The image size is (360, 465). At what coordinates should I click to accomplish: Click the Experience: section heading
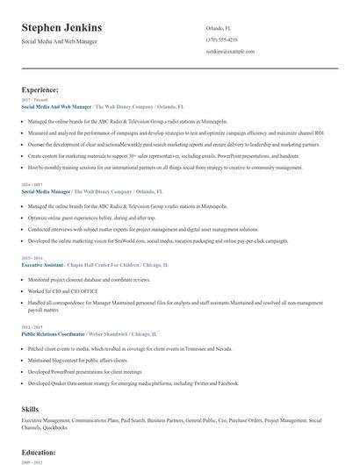coord(40,89)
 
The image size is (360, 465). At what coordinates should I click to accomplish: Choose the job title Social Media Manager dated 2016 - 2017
coord(47,190)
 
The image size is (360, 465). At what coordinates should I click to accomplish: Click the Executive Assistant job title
coord(43,263)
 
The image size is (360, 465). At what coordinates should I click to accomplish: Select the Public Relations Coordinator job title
coord(54,334)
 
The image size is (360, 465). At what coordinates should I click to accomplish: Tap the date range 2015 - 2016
coord(31,257)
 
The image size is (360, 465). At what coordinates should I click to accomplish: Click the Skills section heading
coord(32,409)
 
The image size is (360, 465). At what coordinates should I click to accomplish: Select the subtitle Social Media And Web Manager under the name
coord(60,41)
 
